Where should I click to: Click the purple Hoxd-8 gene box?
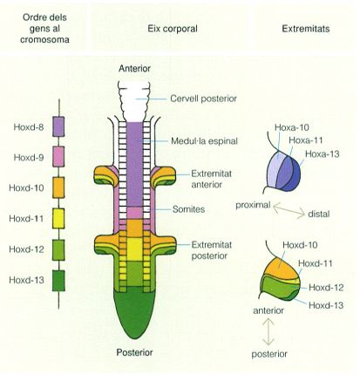[58, 126]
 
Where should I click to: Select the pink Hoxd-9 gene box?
[58, 157]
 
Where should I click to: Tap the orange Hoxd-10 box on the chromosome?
[58, 187]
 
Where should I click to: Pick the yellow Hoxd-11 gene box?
[58, 218]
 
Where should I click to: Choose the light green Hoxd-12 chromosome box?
[58, 249]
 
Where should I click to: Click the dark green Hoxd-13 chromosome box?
[58, 281]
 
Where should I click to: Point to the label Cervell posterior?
[203, 99]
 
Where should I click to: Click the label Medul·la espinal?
[204, 141]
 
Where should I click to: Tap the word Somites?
[188, 209]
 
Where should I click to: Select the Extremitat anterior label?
[211, 179]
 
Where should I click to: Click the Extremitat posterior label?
[212, 250]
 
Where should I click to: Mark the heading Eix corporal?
[173, 29]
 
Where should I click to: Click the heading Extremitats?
[306, 29]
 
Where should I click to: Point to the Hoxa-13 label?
[323, 153]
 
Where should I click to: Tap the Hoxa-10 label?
[292, 127]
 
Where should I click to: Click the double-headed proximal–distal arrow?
[289, 210]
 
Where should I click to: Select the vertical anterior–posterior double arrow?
[268, 331]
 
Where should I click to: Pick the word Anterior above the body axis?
[134, 69]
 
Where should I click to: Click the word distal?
[319, 215]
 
